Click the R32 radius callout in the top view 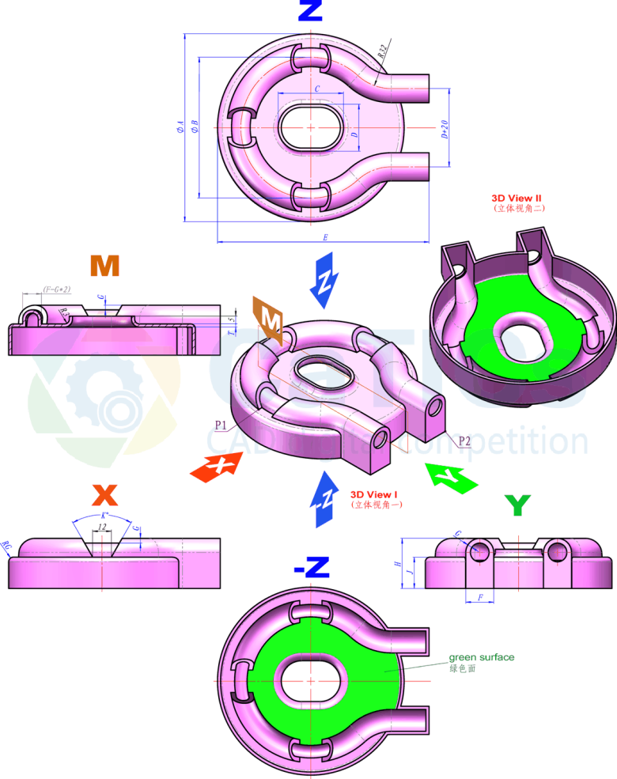[383, 55]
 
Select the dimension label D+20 [445, 128]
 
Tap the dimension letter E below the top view [324, 237]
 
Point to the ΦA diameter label [180, 127]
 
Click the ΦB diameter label [195, 127]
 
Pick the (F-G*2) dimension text [57, 289]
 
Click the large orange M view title [104, 266]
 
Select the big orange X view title [104, 496]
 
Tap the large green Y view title [517, 505]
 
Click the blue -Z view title [311, 566]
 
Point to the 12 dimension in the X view [102, 526]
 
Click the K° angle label [104, 515]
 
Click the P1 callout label [221, 425]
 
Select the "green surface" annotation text [481, 657]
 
